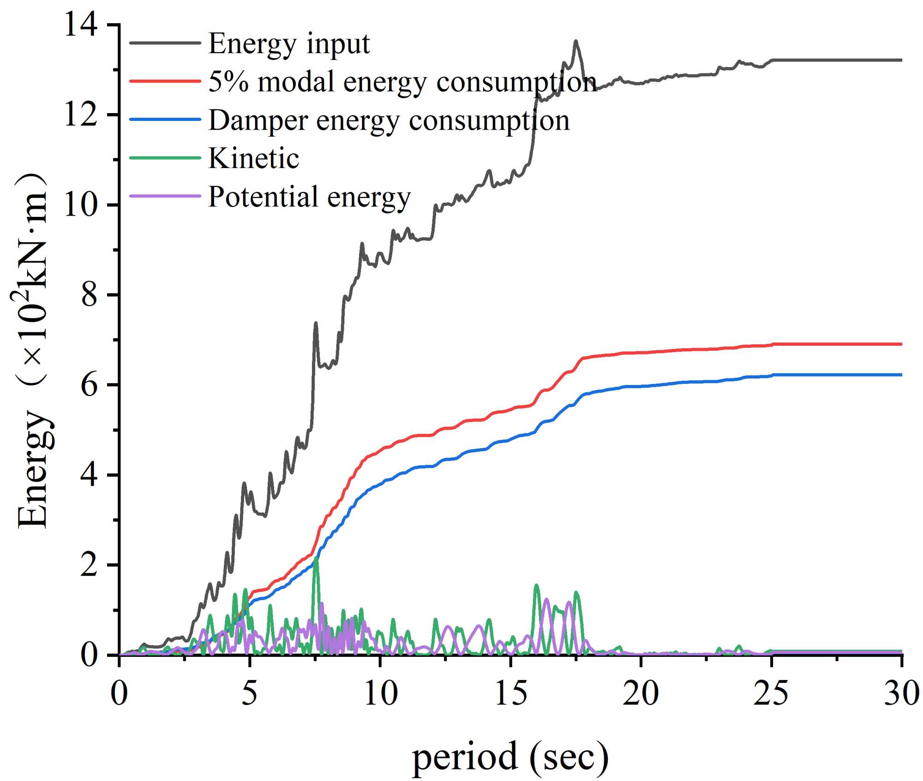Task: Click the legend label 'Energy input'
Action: pos(289,44)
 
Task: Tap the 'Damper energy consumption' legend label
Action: pos(389,120)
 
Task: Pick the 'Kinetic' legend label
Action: pos(254,158)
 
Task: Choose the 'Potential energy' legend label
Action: pos(309,197)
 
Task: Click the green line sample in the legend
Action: pos(165,157)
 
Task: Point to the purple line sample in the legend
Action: pos(165,196)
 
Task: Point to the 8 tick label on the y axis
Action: pos(89,294)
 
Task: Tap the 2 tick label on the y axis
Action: pos(89,565)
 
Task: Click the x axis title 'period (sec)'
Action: pos(510,757)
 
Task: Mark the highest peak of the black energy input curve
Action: pos(575,41)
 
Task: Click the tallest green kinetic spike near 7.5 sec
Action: pos(316,559)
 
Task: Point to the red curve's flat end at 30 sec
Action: pos(900,344)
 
